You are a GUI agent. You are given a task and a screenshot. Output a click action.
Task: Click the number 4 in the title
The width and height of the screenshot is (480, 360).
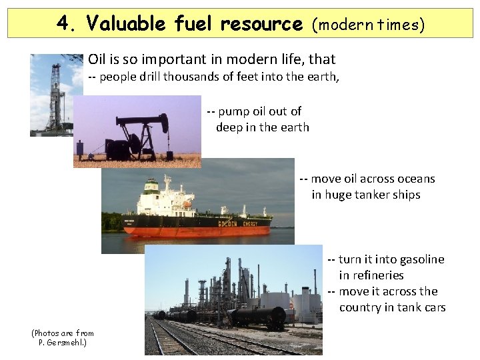pyautogui.click(x=63, y=24)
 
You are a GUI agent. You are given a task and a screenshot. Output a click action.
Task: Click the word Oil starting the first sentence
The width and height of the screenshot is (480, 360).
pyautogui.click(x=97, y=60)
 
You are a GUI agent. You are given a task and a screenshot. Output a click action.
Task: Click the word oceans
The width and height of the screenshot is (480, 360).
pyautogui.click(x=415, y=179)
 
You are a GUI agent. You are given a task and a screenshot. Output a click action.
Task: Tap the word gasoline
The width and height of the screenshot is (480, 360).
pyautogui.click(x=418, y=259)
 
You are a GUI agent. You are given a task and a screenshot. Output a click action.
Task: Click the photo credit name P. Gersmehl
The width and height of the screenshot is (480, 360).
pyautogui.click(x=63, y=342)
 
